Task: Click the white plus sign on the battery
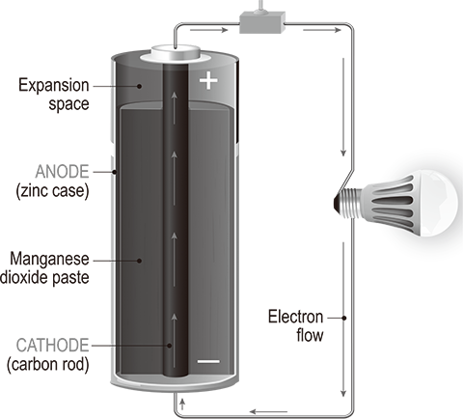tap(208, 80)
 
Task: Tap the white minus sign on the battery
tap(208, 362)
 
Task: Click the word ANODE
tap(62, 172)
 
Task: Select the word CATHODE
tap(52, 346)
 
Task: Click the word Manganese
tap(49, 260)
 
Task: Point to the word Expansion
tap(54, 86)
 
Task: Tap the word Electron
tap(295, 317)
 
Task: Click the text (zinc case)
tap(52, 191)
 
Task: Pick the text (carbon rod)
tap(48, 365)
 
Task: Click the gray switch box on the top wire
tap(262, 22)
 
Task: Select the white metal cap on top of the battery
tap(176, 53)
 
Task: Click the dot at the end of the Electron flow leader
tap(344, 318)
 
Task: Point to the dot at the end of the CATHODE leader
tap(169, 346)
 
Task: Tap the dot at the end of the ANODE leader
tap(114, 172)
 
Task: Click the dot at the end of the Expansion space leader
tap(139, 86)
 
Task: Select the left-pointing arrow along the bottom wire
tap(268, 411)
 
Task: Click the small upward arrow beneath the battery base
tap(182, 405)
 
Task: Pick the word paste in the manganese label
tap(70, 278)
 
